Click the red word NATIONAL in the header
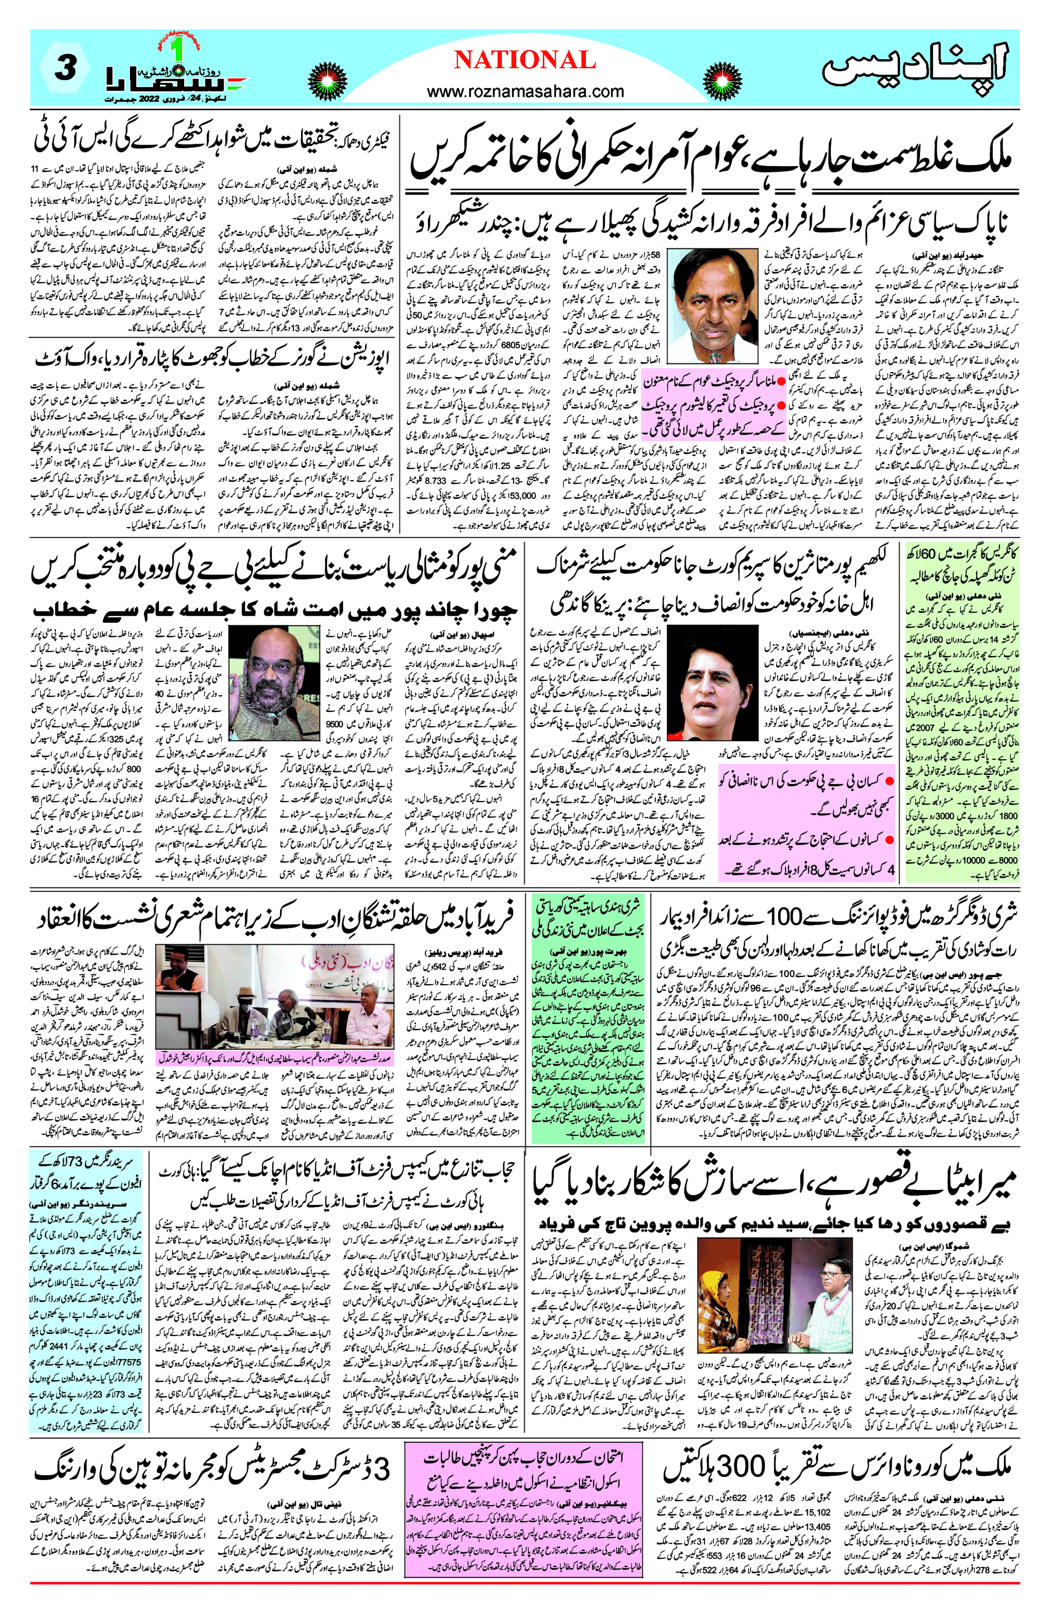coord(524,60)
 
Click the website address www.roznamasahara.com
coord(525,91)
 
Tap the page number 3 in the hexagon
coord(65,68)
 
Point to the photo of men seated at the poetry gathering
coord(274,997)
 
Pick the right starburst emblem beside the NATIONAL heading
coord(721,81)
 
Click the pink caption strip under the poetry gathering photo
coord(274,1057)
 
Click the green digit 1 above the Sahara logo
coord(177,49)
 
